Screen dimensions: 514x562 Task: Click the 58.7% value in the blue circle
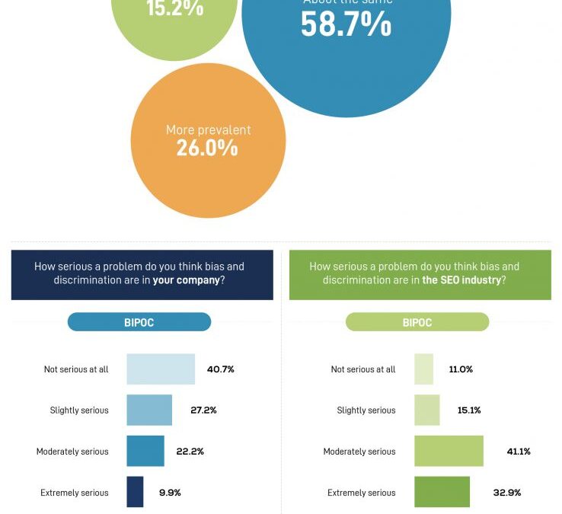(346, 24)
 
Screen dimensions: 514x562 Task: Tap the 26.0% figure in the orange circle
(207, 148)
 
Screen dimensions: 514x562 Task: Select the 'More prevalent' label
(208, 130)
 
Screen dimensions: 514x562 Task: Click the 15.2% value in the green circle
(175, 8)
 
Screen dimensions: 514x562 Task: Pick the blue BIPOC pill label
(139, 322)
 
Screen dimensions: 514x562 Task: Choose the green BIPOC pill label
(417, 322)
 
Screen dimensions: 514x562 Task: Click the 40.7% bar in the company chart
(161, 369)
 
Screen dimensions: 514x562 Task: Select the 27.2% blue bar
(149, 410)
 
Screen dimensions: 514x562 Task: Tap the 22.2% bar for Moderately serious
(145, 452)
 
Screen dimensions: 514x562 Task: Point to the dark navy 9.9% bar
(135, 492)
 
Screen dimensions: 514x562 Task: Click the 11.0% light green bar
(423, 369)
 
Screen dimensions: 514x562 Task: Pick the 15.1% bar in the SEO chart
(426, 410)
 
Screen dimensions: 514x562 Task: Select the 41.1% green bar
(449, 452)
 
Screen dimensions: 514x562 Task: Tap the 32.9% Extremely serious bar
(442, 492)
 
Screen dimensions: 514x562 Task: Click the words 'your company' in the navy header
(187, 280)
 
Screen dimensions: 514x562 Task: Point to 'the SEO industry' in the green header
(461, 280)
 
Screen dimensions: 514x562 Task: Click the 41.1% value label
(518, 452)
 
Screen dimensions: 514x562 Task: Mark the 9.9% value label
(171, 493)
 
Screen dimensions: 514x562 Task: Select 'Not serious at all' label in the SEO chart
(363, 369)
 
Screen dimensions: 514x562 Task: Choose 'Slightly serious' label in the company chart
(79, 410)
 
